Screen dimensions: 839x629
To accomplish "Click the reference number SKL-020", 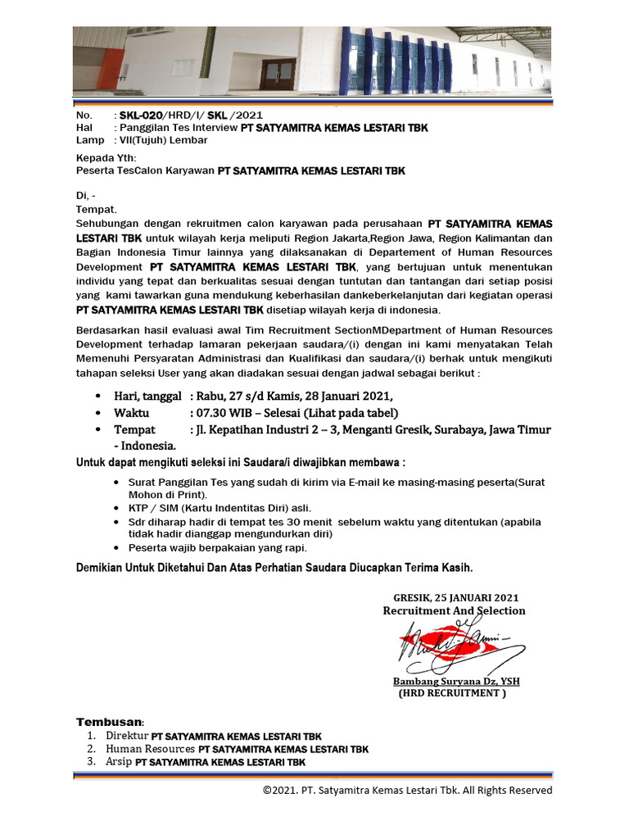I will click(142, 116).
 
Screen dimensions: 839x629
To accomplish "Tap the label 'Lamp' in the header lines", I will click(89, 140).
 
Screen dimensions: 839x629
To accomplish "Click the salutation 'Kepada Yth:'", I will click(106, 158).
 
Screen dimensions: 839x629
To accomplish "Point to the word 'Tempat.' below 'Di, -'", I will click(97, 210).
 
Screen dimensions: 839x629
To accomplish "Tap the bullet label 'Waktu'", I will click(131, 413).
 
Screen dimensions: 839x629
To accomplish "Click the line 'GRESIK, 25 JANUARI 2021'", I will click(455, 597).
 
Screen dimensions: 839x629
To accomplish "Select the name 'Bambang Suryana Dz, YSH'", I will click(456, 681).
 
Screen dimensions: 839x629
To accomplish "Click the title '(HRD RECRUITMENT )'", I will click(452, 693).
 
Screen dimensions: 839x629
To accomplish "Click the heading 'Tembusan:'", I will click(110, 722).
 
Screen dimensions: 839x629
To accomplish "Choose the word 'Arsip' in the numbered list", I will click(119, 762).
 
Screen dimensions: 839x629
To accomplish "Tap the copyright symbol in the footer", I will click(267, 791).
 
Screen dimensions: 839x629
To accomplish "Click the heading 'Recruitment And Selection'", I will click(454, 610).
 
